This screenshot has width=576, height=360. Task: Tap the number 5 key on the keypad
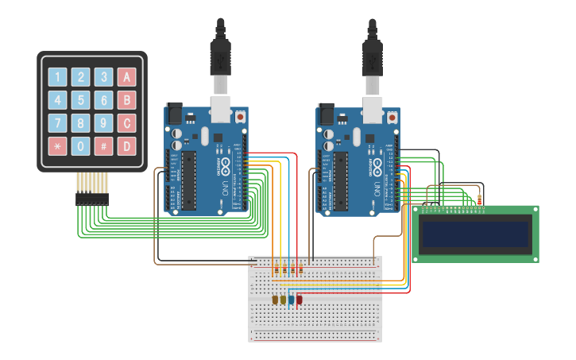click(80, 100)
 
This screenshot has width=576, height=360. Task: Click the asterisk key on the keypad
click(57, 146)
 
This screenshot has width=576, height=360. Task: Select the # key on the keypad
click(103, 146)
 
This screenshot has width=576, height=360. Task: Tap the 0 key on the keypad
click(80, 146)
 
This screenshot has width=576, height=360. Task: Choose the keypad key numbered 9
click(103, 123)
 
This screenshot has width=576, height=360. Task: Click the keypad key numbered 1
click(57, 77)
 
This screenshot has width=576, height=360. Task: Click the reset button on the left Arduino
click(240, 117)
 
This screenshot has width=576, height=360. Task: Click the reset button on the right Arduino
click(392, 117)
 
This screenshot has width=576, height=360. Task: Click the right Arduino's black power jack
click(325, 114)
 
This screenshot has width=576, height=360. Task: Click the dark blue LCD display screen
click(475, 234)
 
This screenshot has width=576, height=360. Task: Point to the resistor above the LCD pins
click(480, 199)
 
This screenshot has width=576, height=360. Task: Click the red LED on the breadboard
click(300, 300)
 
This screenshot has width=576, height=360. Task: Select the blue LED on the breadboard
click(292, 300)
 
